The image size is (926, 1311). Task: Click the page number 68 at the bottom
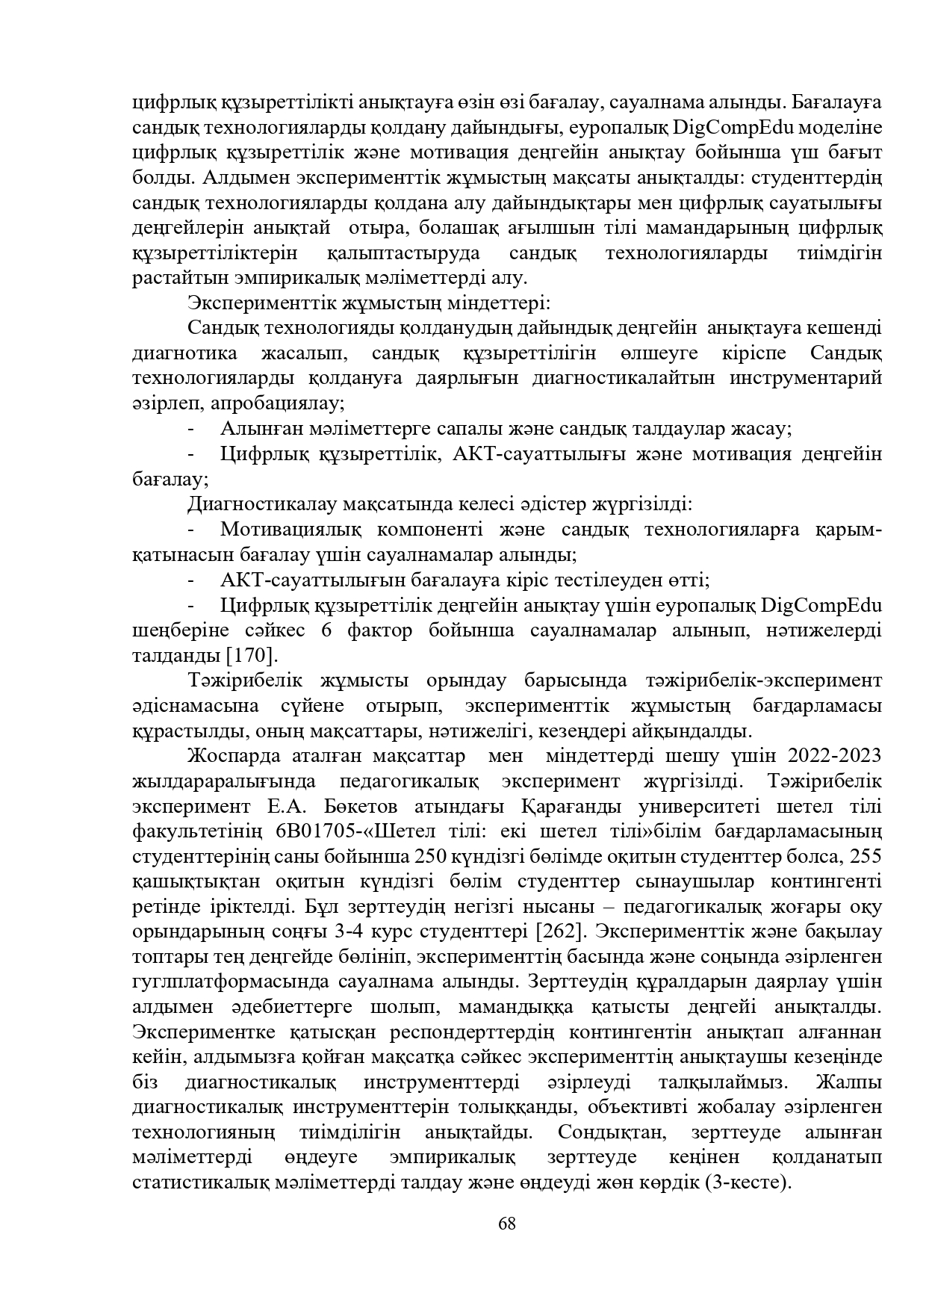click(x=507, y=1224)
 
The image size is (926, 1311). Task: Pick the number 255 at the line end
click(x=866, y=857)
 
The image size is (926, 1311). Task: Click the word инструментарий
click(x=805, y=378)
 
